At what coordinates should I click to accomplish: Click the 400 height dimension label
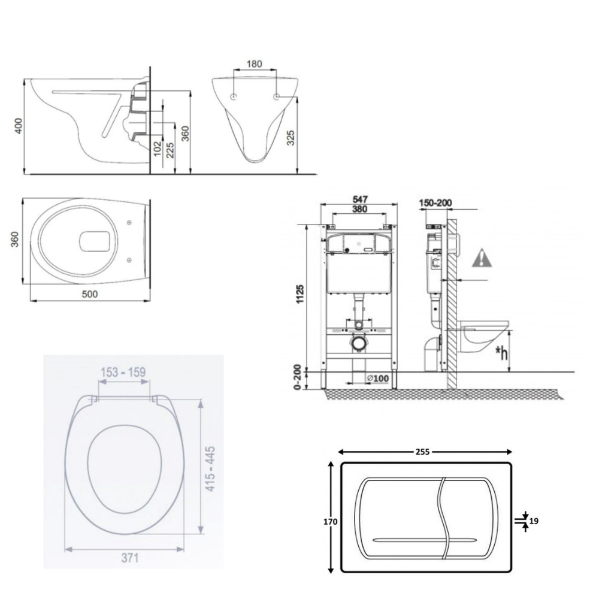[18, 125]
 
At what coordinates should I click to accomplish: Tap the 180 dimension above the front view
[254, 63]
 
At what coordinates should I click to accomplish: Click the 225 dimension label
[171, 150]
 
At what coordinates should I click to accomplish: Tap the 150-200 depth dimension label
[435, 202]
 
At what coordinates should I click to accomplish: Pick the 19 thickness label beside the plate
[534, 521]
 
